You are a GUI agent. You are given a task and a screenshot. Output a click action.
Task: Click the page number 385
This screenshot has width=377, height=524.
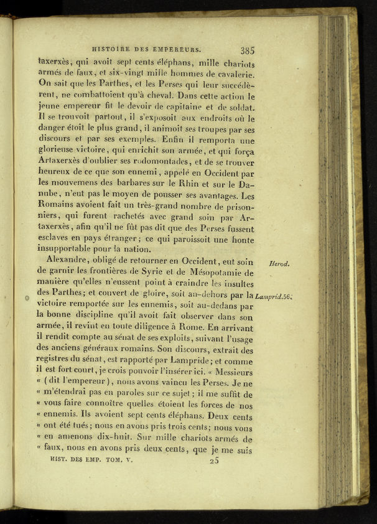[247, 51]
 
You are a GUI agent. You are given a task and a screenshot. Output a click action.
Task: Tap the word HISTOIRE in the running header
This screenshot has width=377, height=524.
[112, 47]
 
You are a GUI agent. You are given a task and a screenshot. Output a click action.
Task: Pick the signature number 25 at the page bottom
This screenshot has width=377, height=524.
[215, 461]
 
